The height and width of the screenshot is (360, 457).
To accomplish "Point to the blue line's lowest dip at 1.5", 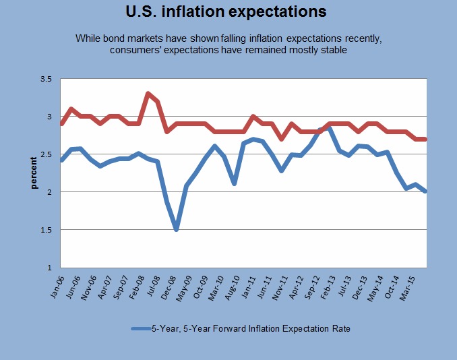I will pos(177,229).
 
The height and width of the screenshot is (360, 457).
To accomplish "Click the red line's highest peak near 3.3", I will pos(148,94).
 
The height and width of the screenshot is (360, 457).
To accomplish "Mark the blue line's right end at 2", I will pos(425,191).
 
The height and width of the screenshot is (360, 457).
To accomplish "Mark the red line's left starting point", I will pos(62,123).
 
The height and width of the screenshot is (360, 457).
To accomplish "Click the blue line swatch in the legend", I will pos(144,329).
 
